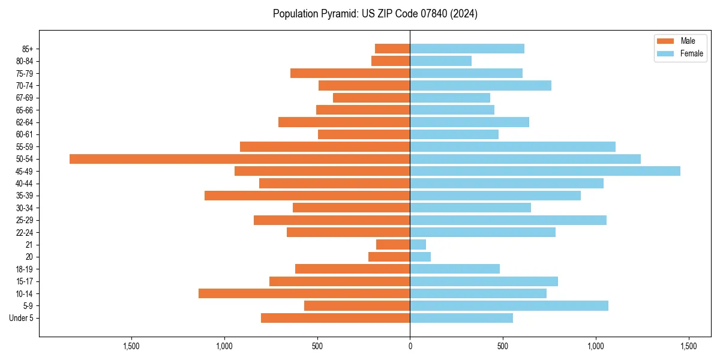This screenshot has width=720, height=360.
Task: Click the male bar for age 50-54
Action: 240,159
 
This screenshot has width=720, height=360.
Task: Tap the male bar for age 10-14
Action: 304,293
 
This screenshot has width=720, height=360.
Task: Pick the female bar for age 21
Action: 418,245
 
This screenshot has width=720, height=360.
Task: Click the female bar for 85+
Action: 467,49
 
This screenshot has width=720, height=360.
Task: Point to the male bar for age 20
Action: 389,257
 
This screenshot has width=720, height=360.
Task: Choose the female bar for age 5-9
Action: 509,306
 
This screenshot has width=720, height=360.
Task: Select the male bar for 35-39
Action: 307,196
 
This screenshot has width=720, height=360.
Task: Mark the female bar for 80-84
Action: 440,61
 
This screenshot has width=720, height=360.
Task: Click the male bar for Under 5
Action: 335,318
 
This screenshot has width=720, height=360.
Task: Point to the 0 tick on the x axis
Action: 410,346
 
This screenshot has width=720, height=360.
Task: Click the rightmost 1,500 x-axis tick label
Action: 688,346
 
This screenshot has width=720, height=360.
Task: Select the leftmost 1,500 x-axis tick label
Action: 131,346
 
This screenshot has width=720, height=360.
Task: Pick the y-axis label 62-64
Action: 25,122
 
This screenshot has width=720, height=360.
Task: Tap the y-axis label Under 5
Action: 21,318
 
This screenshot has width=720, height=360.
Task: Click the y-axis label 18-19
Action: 25,269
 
